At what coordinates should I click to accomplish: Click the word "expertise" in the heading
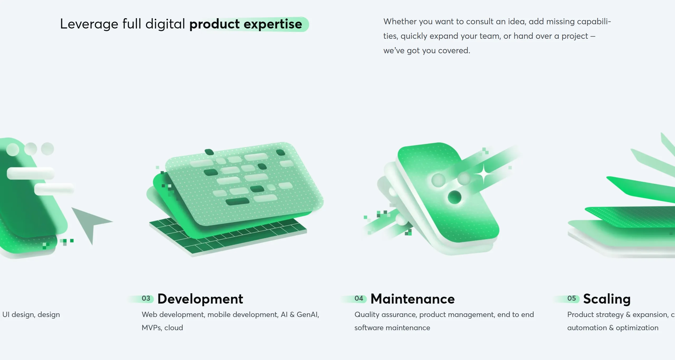click(x=273, y=24)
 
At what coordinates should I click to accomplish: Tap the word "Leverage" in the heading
click(x=89, y=24)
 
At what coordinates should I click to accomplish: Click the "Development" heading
click(x=200, y=299)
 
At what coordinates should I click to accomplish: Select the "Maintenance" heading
click(x=412, y=299)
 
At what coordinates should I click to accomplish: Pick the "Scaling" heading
click(x=607, y=299)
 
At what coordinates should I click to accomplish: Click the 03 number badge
click(x=146, y=298)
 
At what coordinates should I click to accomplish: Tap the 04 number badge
click(x=359, y=298)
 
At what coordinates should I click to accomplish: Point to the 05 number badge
click(x=571, y=298)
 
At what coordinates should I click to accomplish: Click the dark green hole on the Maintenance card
click(x=454, y=197)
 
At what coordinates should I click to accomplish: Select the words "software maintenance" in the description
click(x=392, y=328)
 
